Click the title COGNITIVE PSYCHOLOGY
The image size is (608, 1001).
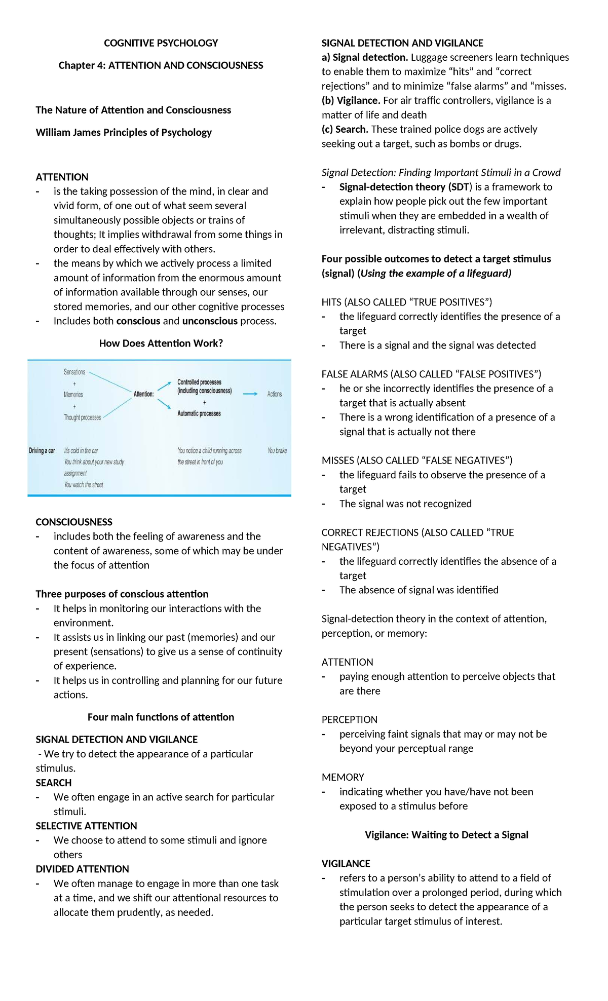click(x=161, y=43)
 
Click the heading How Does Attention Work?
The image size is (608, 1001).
click(x=161, y=343)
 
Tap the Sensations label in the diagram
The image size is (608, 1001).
click(x=74, y=372)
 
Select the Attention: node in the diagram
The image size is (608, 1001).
click(x=143, y=394)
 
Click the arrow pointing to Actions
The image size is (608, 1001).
click(x=250, y=394)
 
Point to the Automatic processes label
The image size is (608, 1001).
click(x=199, y=413)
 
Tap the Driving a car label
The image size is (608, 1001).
click(x=42, y=450)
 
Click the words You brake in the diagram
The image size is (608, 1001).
click(x=277, y=450)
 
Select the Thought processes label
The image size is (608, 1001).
click(x=82, y=417)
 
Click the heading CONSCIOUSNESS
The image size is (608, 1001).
click(x=74, y=522)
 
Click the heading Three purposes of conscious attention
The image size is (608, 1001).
click(x=122, y=594)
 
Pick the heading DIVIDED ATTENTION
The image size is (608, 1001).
click(x=82, y=869)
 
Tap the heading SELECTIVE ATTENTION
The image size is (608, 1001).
click(x=86, y=826)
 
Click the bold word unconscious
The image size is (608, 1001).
click(x=210, y=321)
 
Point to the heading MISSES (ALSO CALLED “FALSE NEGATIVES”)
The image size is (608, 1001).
click(x=417, y=460)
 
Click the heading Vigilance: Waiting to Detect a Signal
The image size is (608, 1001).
click(x=446, y=835)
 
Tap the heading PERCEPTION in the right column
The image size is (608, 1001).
click(x=349, y=719)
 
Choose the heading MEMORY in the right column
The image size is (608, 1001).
click(x=343, y=777)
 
